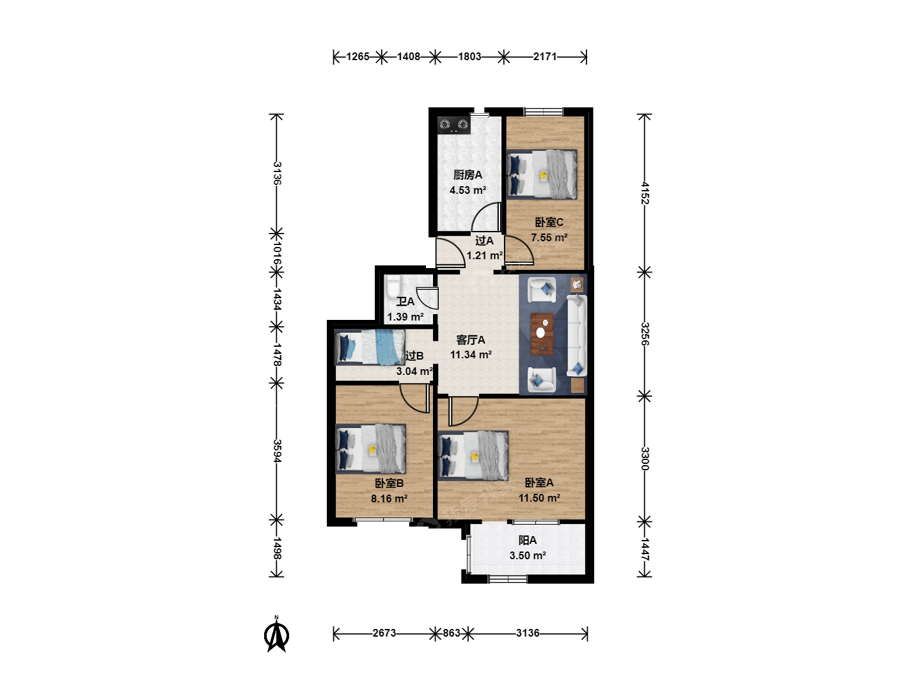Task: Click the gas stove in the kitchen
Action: pyautogui.click(x=453, y=125)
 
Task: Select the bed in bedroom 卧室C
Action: pyautogui.click(x=541, y=174)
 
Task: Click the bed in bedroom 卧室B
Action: pyautogui.click(x=370, y=449)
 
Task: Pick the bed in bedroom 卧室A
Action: pyautogui.click(x=473, y=455)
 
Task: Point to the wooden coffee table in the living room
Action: pyautogui.click(x=542, y=334)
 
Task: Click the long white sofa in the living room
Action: pyautogui.click(x=576, y=336)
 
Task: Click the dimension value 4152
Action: pyautogui.click(x=645, y=193)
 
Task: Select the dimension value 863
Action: pyautogui.click(x=452, y=633)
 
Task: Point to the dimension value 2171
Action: pyautogui.click(x=545, y=57)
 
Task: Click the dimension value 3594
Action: pyautogui.click(x=276, y=451)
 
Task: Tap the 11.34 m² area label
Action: pyautogui.click(x=471, y=355)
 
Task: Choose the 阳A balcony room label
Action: pyautogui.click(x=528, y=541)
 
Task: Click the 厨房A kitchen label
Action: pyautogui.click(x=468, y=175)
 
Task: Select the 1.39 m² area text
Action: pyautogui.click(x=405, y=317)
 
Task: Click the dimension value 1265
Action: pyautogui.click(x=358, y=57)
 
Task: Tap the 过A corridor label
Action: pyautogui.click(x=484, y=241)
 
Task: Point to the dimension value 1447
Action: pyautogui.click(x=645, y=549)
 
